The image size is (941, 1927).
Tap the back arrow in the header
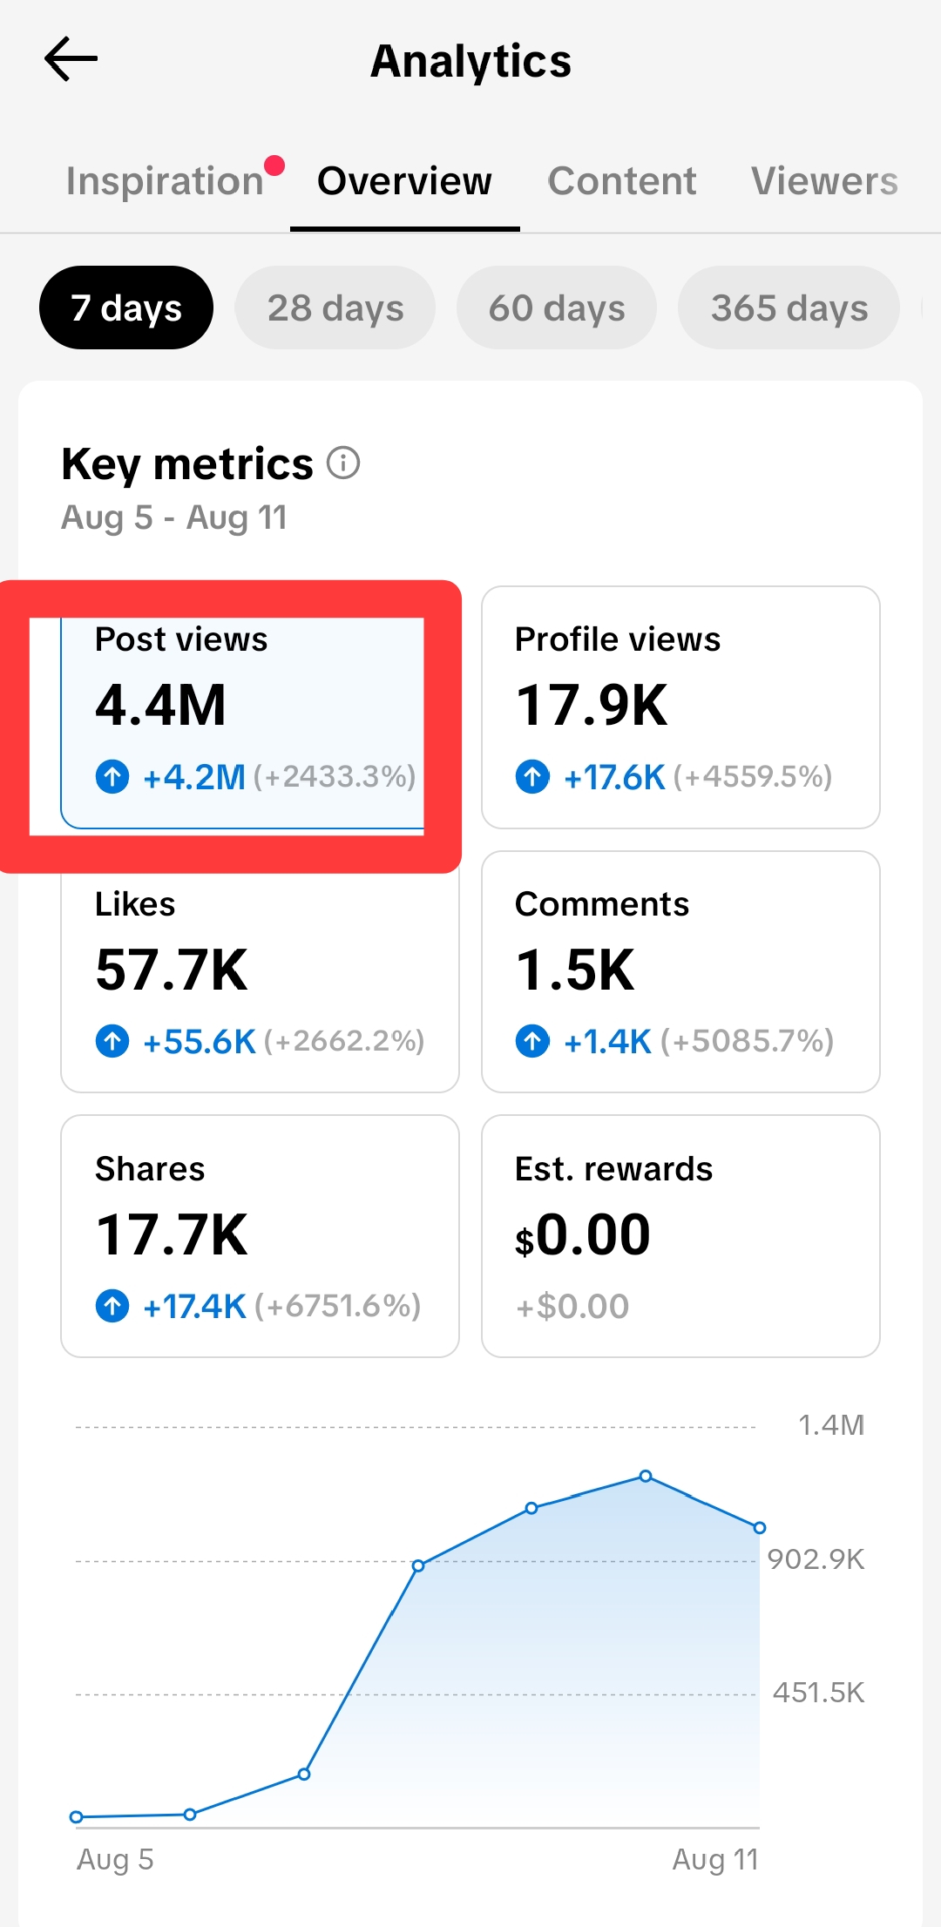point(71,59)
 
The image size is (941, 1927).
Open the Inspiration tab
point(165,181)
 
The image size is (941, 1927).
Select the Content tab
point(621,181)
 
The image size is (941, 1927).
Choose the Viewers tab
point(824,181)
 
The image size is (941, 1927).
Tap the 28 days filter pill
point(335,308)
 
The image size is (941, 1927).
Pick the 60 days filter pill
point(557,308)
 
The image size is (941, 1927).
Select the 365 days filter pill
point(789,308)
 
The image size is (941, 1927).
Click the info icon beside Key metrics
point(343,463)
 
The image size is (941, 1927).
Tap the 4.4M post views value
point(160,705)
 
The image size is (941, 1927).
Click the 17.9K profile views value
point(592,705)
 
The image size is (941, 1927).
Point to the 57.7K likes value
point(172,970)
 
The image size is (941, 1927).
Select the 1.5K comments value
point(575,970)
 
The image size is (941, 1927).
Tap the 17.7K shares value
point(172,1234)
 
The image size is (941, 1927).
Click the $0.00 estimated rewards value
point(583,1235)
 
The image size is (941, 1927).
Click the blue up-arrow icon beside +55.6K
point(112,1040)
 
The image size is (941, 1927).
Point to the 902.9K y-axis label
point(816,1559)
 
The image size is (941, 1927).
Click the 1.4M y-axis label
point(831,1424)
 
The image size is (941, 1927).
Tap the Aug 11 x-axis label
point(715,1859)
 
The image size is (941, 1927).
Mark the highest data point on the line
point(646,1476)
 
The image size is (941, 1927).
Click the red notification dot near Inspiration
point(274,165)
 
